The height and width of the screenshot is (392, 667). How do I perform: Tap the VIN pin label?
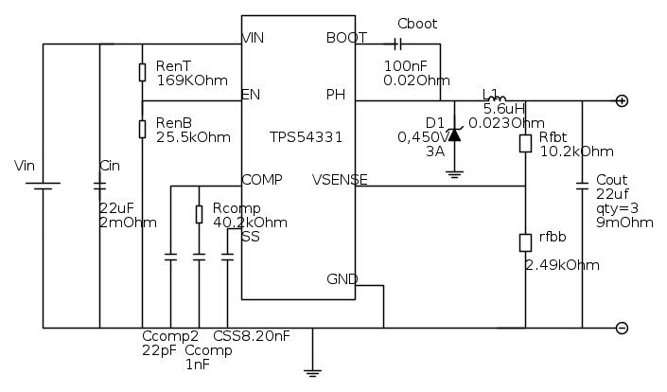(x=253, y=38)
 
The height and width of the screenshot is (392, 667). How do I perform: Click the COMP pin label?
(x=261, y=179)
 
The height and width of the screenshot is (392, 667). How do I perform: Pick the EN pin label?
(x=251, y=94)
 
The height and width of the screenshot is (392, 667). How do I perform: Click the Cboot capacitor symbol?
(x=398, y=44)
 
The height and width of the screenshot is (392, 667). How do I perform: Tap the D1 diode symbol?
(x=454, y=134)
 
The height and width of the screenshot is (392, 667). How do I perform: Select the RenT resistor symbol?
(x=142, y=72)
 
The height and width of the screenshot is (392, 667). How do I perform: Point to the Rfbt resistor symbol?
(x=525, y=143)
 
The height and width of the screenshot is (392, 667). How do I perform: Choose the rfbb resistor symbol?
(x=525, y=242)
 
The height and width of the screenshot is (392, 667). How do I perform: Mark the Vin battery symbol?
(x=43, y=187)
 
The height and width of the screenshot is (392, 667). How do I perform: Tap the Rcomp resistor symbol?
(x=199, y=214)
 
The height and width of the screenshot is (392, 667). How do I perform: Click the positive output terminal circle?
(x=622, y=100)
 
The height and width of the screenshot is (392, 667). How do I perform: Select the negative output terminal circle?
(x=622, y=328)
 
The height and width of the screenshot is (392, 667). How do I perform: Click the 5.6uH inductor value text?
(x=500, y=108)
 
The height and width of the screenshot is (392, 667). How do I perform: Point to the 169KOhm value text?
(x=192, y=80)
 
